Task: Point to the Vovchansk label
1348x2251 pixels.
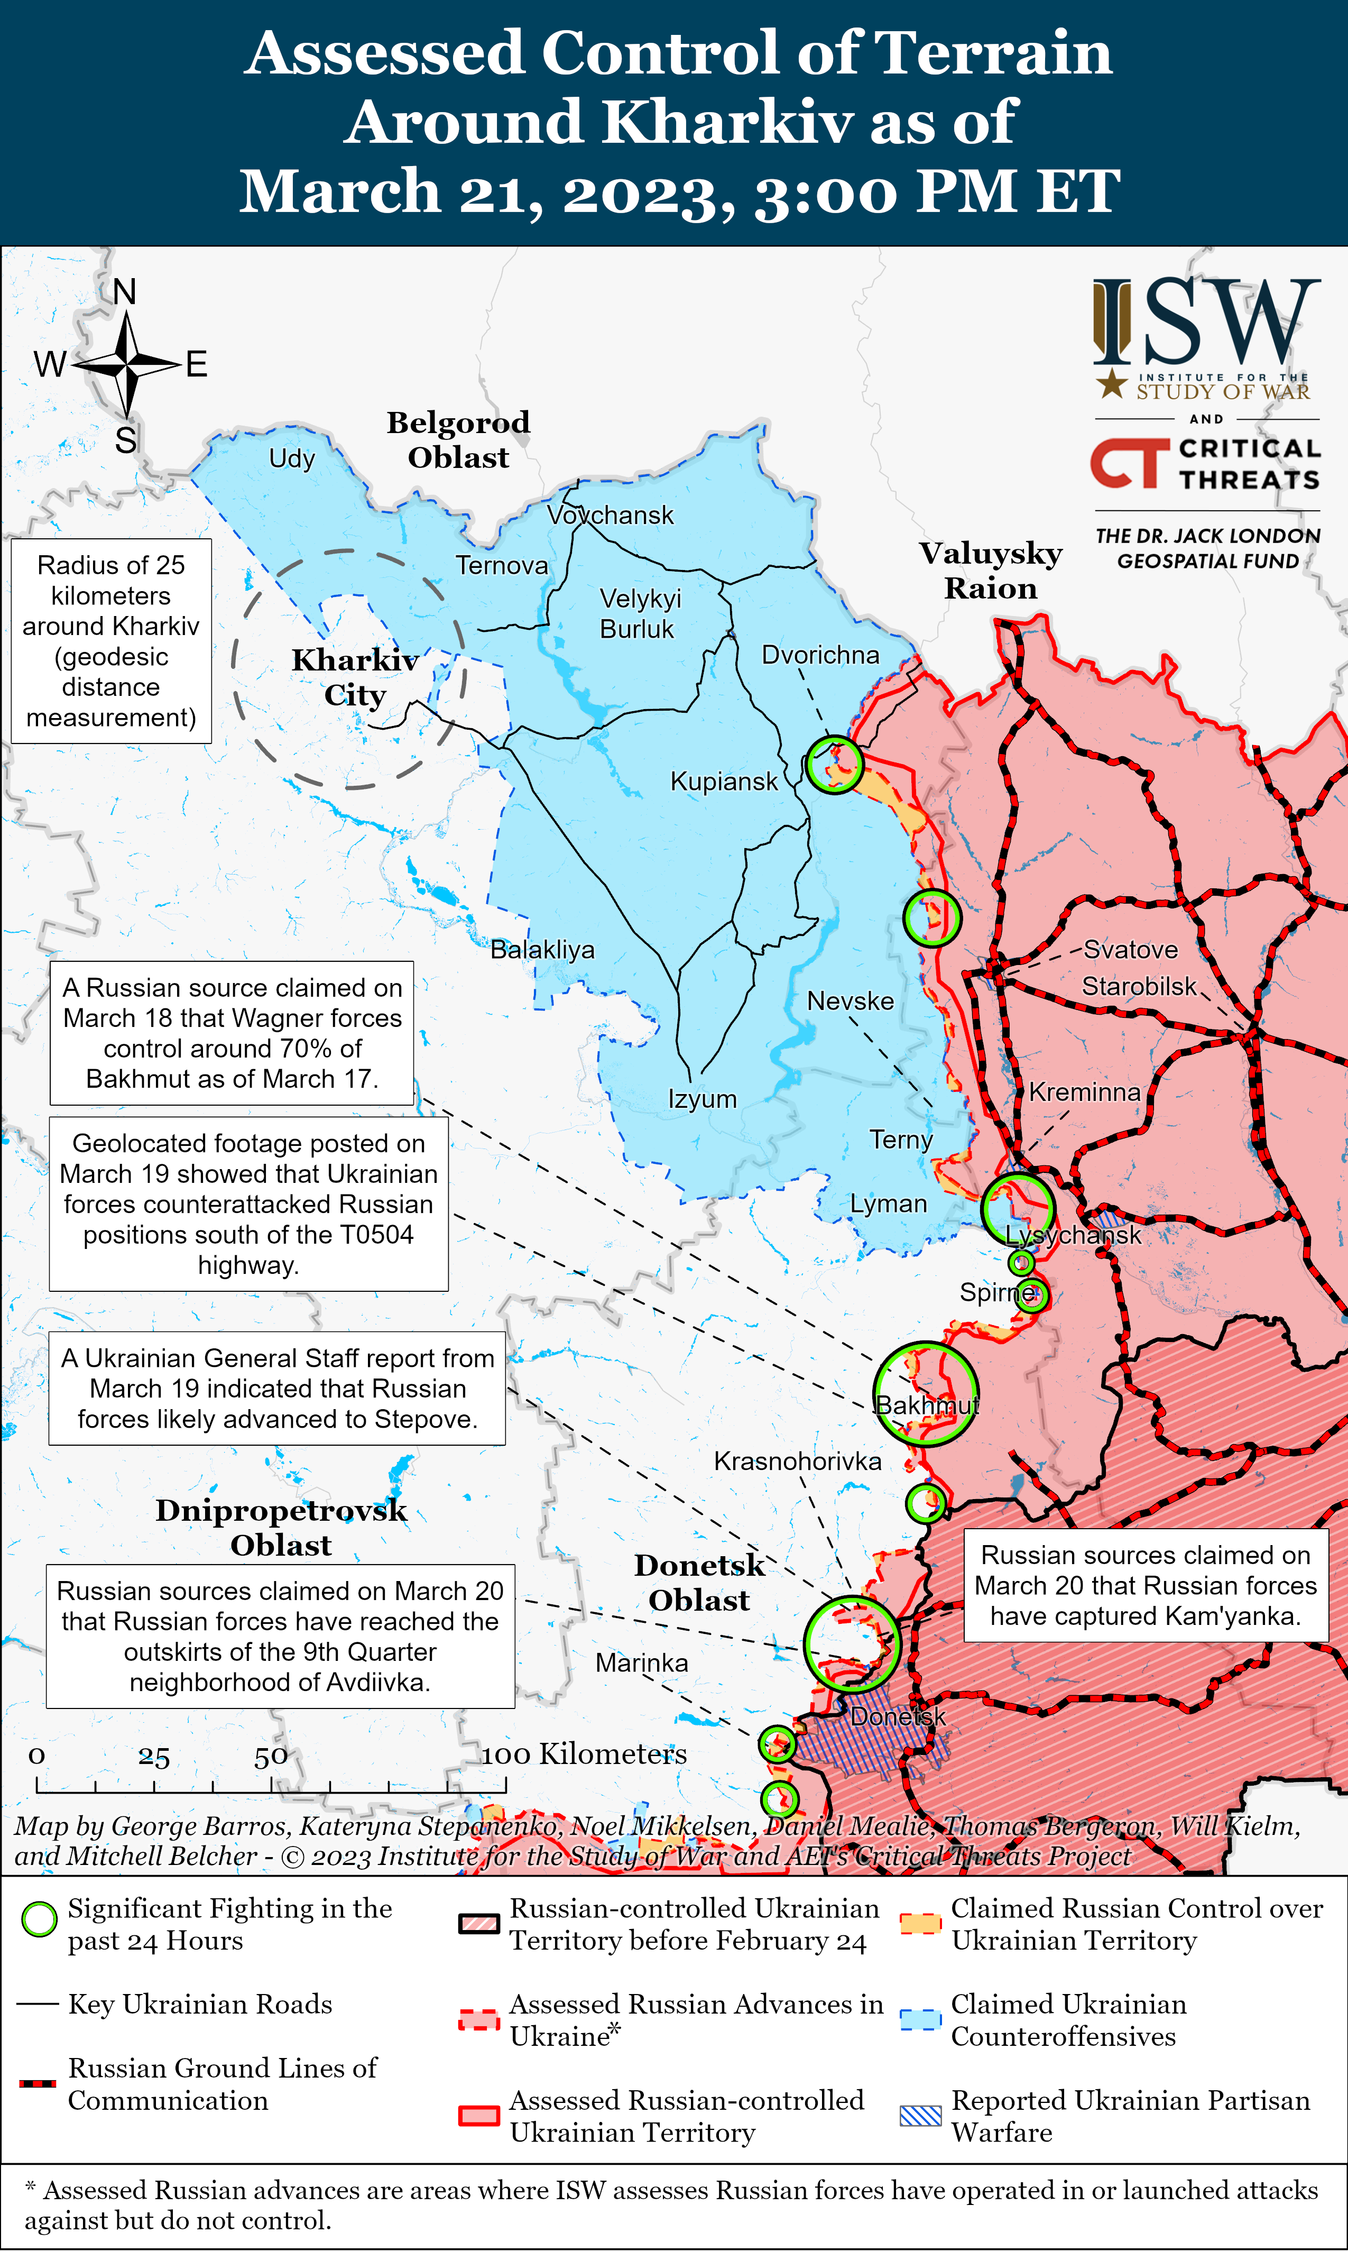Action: pos(611,515)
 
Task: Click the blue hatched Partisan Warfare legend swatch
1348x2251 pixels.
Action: pos(920,2116)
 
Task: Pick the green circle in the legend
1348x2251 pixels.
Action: pos(39,1919)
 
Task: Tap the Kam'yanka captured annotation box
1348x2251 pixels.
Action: pos(1146,1585)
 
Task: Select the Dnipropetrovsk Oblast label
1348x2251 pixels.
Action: pos(281,1527)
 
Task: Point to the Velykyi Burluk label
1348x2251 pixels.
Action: pos(639,613)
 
